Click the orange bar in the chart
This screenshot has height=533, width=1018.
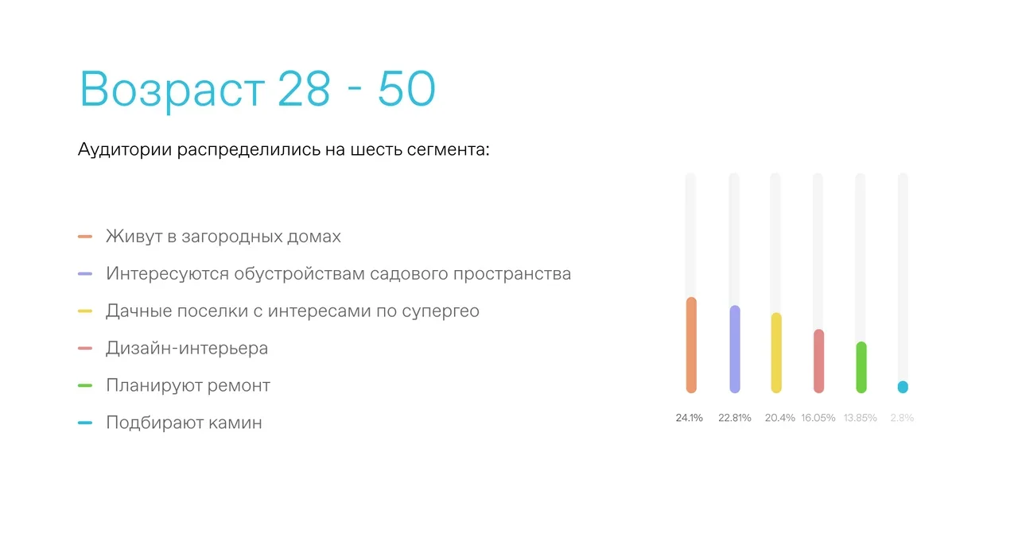pos(691,345)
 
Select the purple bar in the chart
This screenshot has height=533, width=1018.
pos(734,350)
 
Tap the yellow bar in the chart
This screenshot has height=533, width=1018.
pos(776,353)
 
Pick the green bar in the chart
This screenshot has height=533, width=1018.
pos(861,367)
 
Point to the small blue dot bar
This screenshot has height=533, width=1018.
pos(903,387)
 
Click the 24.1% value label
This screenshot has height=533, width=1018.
pos(689,418)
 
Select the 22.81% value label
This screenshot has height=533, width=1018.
pos(734,418)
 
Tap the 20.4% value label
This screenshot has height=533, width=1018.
pos(780,418)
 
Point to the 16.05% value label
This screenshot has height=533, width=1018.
pos(818,418)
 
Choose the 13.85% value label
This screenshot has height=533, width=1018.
pos(861,418)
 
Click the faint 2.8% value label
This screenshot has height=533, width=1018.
pos(902,418)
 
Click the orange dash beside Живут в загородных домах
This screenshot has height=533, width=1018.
pos(85,237)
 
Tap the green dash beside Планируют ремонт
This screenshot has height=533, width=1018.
pos(85,385)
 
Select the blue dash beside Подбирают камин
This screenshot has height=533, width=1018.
pos(85,423)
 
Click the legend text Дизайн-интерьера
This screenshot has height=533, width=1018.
pos(187,348)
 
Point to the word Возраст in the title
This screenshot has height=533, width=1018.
pos(173,90)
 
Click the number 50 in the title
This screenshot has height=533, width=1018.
pos(406,88)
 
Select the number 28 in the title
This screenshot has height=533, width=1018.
pos(304,88)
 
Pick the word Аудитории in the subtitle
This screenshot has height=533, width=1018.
pos(125,150)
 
